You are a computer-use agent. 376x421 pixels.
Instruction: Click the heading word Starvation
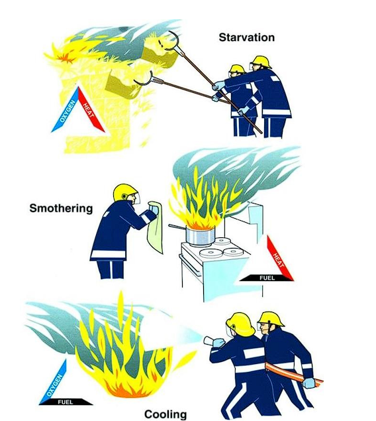(246, 37)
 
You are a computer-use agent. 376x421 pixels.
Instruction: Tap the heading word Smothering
(61, 208)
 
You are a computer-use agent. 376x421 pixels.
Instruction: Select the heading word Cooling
(165, 414)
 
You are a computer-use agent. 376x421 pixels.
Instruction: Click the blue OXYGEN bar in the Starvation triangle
(65, 109)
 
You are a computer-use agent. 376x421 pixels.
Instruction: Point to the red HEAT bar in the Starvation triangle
(91, 109)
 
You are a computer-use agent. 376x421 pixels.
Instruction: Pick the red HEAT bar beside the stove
(280, 258)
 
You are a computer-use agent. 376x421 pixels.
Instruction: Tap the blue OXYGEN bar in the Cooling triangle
(54, 381)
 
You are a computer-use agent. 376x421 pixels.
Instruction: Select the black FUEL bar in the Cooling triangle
(66, 402)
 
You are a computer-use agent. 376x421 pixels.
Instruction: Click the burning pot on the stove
(200, 236)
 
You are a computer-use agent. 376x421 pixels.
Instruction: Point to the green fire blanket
(155, 227)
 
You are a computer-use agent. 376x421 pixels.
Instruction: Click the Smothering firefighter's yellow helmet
(125, 193)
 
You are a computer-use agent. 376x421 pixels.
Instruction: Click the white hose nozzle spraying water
(211, 341)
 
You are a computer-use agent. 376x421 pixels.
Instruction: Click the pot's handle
(177, 227)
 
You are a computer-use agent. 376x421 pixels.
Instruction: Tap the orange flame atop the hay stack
(65, 58)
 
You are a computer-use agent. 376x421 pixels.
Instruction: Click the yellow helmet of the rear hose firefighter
(270, 320)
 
